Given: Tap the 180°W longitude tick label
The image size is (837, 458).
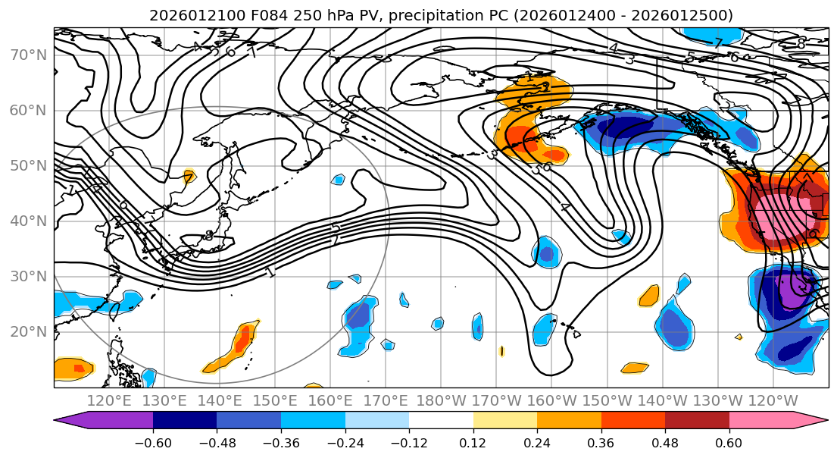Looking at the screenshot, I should point(441,400).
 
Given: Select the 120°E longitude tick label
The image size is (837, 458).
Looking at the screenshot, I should point(108,400).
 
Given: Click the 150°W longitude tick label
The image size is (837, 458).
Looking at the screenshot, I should point(607,400).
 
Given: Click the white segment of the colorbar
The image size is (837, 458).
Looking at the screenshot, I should point(441,420).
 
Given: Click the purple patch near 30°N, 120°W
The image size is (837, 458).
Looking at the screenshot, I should point(795,290).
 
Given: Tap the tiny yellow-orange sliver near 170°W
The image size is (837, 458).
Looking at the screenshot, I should point(501,351).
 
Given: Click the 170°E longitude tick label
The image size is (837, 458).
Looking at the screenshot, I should point(386,400).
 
